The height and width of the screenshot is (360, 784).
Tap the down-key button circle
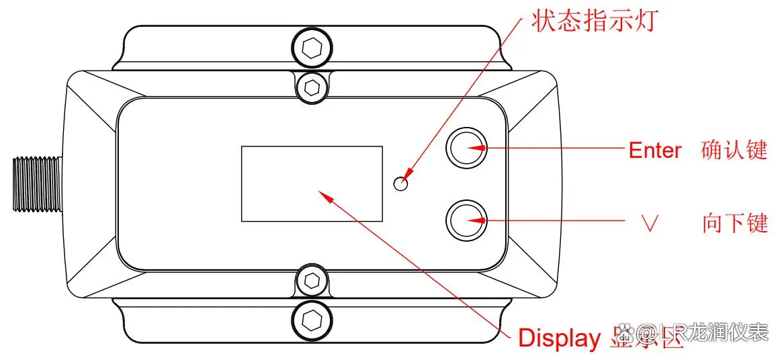click(468, 219)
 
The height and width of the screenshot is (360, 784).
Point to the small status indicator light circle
click(402, 183)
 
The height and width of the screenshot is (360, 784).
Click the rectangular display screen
click(312, 183)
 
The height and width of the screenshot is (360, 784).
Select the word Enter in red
click(654, 150)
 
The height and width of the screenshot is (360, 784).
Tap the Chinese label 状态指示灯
click(592, 21)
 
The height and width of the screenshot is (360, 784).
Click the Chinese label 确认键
click(734, 150)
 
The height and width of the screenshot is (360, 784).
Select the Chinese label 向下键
click(734, 223)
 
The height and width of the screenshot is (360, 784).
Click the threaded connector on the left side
click(38, 183)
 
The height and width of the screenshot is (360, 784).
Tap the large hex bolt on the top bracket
click(311, 48)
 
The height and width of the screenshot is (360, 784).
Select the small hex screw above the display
click(312, 85)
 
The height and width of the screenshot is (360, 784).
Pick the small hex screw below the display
click(312, 280)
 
